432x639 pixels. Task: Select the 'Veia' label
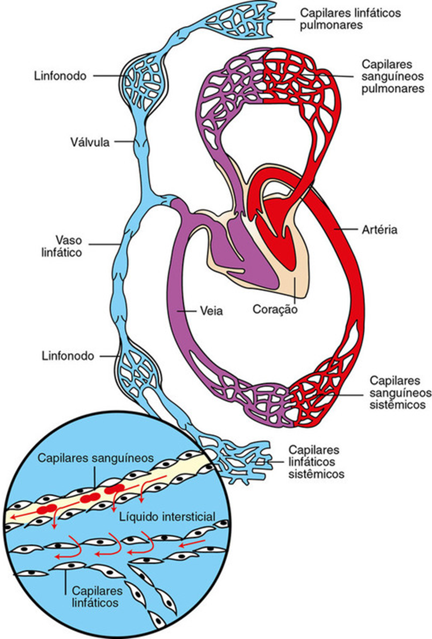click(x=210, y=311)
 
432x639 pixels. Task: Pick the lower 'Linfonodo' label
click(x=67, y=356)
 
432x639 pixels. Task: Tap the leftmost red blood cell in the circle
click(x=47, y=509)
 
